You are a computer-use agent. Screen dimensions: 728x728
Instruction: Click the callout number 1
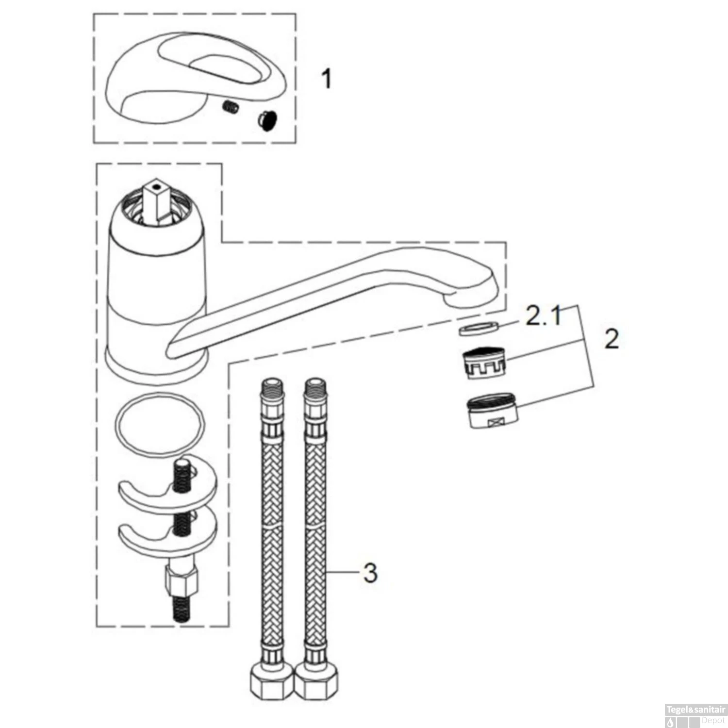327,79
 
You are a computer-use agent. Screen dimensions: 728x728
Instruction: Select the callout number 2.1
544,317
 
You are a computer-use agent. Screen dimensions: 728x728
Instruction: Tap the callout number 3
370,573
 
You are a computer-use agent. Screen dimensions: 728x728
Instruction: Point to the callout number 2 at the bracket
612,339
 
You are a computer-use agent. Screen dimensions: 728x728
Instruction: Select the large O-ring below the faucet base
160,424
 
